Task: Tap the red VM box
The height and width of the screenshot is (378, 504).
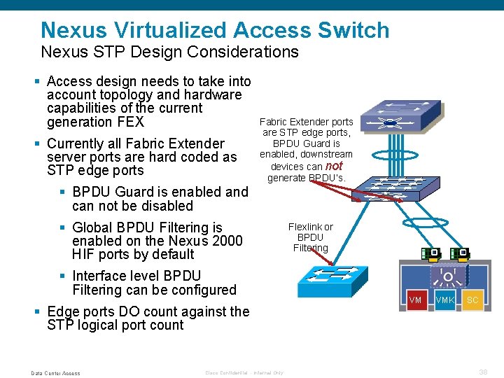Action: [415, 300]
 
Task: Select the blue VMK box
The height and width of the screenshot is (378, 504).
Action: [444, 300]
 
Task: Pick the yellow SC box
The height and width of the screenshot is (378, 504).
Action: [472, 300]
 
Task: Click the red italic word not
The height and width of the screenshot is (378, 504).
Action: [334, 166]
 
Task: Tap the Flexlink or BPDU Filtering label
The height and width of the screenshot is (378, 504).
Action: [310, 237]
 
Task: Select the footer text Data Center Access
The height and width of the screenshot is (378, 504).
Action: [55, 373]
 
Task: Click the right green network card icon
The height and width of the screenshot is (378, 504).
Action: [460, 253]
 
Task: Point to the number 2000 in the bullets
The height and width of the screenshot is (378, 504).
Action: [227, 241]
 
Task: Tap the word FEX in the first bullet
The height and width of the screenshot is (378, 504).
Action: [130, 122]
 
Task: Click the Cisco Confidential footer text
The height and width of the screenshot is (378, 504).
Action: [244, 373]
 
